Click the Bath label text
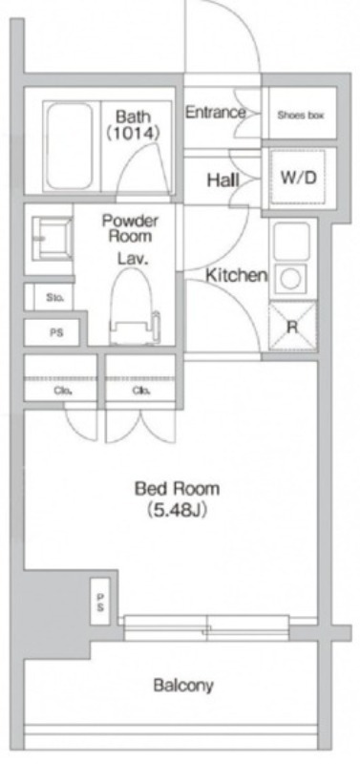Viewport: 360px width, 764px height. (x=133, y=117)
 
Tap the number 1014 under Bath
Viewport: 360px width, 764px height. (x=133, y=133)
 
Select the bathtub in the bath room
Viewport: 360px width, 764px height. (x=70, y=146)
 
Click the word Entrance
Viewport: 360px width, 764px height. (x=215, y=113)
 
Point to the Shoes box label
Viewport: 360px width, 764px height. (x=301, y=116)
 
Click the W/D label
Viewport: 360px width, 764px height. (x=298, y=178)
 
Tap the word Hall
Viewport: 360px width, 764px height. (x=223, y=180)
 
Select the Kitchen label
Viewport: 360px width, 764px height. (x=236, y=275)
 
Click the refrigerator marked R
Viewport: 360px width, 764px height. (x=292, y=326)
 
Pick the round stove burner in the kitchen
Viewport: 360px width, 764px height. (x=291, y=279)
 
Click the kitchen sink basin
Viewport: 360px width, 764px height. (x=291, y=242)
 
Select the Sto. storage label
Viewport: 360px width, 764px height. (x=53, y=297)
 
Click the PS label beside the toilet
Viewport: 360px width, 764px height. (x=56, y=334)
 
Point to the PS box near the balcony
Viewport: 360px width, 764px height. (x=100, y=602)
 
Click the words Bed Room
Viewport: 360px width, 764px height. (x=177, y=488)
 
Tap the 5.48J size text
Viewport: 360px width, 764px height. (x=178, y=510)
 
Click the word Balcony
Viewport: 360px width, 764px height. (x=183, y=686)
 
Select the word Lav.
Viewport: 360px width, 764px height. (x=132, y=258)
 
